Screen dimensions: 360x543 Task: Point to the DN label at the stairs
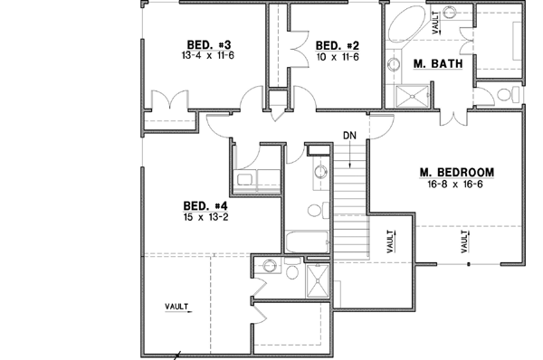(351, 136)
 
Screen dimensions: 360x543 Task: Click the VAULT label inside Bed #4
(177, 307)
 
